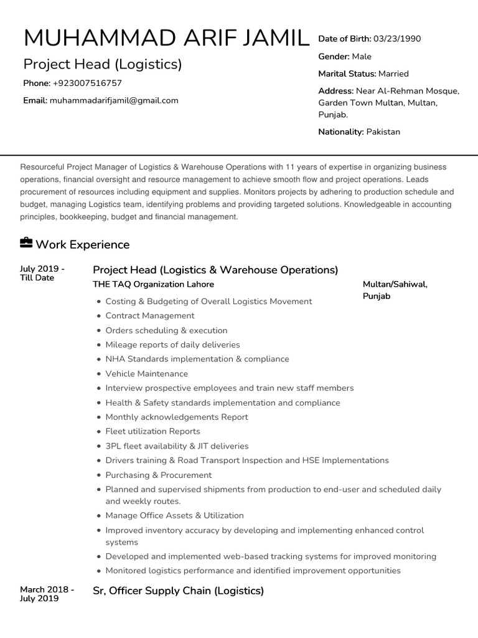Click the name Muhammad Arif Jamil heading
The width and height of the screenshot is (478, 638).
tap(166, 39)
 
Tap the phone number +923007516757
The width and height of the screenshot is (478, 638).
tap(87, 83)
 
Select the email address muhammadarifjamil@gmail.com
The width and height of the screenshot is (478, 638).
tap(114, 100)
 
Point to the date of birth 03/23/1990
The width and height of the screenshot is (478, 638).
tap(397, 39)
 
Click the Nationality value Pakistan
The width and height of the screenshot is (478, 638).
tap(383, 131)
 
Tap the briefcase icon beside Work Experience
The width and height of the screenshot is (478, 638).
tap(26, 242)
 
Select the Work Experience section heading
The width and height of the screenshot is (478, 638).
tap(83, 244)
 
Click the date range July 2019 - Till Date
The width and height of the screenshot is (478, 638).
tap(42, 273)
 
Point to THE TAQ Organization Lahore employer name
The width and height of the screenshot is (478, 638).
tap(153, 284)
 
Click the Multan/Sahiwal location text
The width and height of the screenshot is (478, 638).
tap(395, 284)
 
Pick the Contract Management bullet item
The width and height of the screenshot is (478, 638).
tap(150, 316)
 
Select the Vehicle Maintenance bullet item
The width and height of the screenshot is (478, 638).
tap(146, 374)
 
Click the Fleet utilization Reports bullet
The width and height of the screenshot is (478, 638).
tap(152, 431)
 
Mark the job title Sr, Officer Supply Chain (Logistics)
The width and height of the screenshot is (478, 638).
tap(178, 591)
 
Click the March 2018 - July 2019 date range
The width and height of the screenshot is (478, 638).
tap(47, 594)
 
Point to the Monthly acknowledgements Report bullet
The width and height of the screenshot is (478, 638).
tap(177, 417)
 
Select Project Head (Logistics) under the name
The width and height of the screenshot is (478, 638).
tap(103, 64)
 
